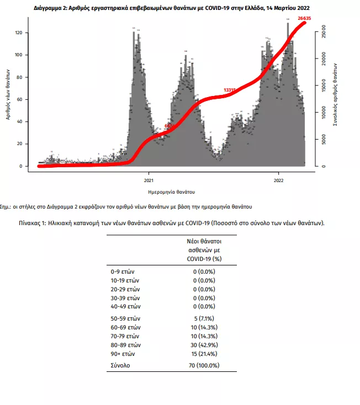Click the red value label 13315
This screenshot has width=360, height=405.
[x=230, y=90]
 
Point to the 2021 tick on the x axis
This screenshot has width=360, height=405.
[x=149, y=180]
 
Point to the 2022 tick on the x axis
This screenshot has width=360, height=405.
[x=279, y=180]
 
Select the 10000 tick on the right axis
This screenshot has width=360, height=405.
[x=324, y=113]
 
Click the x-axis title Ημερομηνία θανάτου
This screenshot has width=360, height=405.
[x=172, y=191]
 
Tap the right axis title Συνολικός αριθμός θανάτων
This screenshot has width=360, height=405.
[x=336, y=95]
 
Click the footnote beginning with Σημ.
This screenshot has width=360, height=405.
[x=126, y=206]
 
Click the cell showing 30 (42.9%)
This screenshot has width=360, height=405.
[x=204, y=344]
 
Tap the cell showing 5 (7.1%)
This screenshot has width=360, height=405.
[x=204, y=318]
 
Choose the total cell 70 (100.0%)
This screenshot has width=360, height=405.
[x=204, y=365]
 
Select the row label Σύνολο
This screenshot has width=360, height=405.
[x=120, y=365]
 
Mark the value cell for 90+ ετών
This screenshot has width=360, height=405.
[x=204, y=353]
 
